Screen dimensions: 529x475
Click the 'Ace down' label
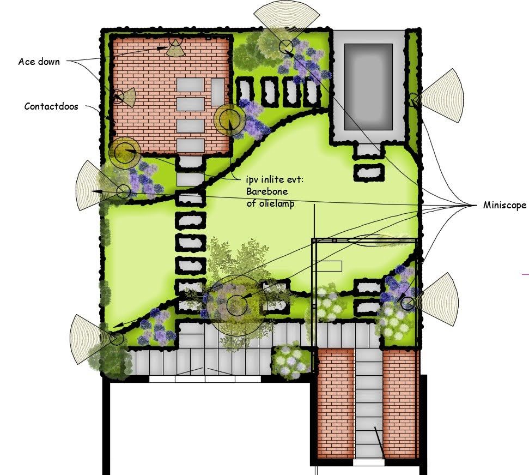point(39,62)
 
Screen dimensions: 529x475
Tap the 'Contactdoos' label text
point(51,106)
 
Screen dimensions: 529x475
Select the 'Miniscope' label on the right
point(504,205)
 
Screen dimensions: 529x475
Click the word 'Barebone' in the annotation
point(267,191)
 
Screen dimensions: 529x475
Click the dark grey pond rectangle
point(368,87)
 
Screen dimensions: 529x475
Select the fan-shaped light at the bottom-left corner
point(89,339)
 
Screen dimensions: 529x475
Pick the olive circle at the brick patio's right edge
point(230,119)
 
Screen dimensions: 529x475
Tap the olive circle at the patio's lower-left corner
point(125,153)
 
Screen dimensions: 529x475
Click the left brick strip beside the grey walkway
point(336,404)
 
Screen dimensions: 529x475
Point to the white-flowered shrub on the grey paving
point(291,360)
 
